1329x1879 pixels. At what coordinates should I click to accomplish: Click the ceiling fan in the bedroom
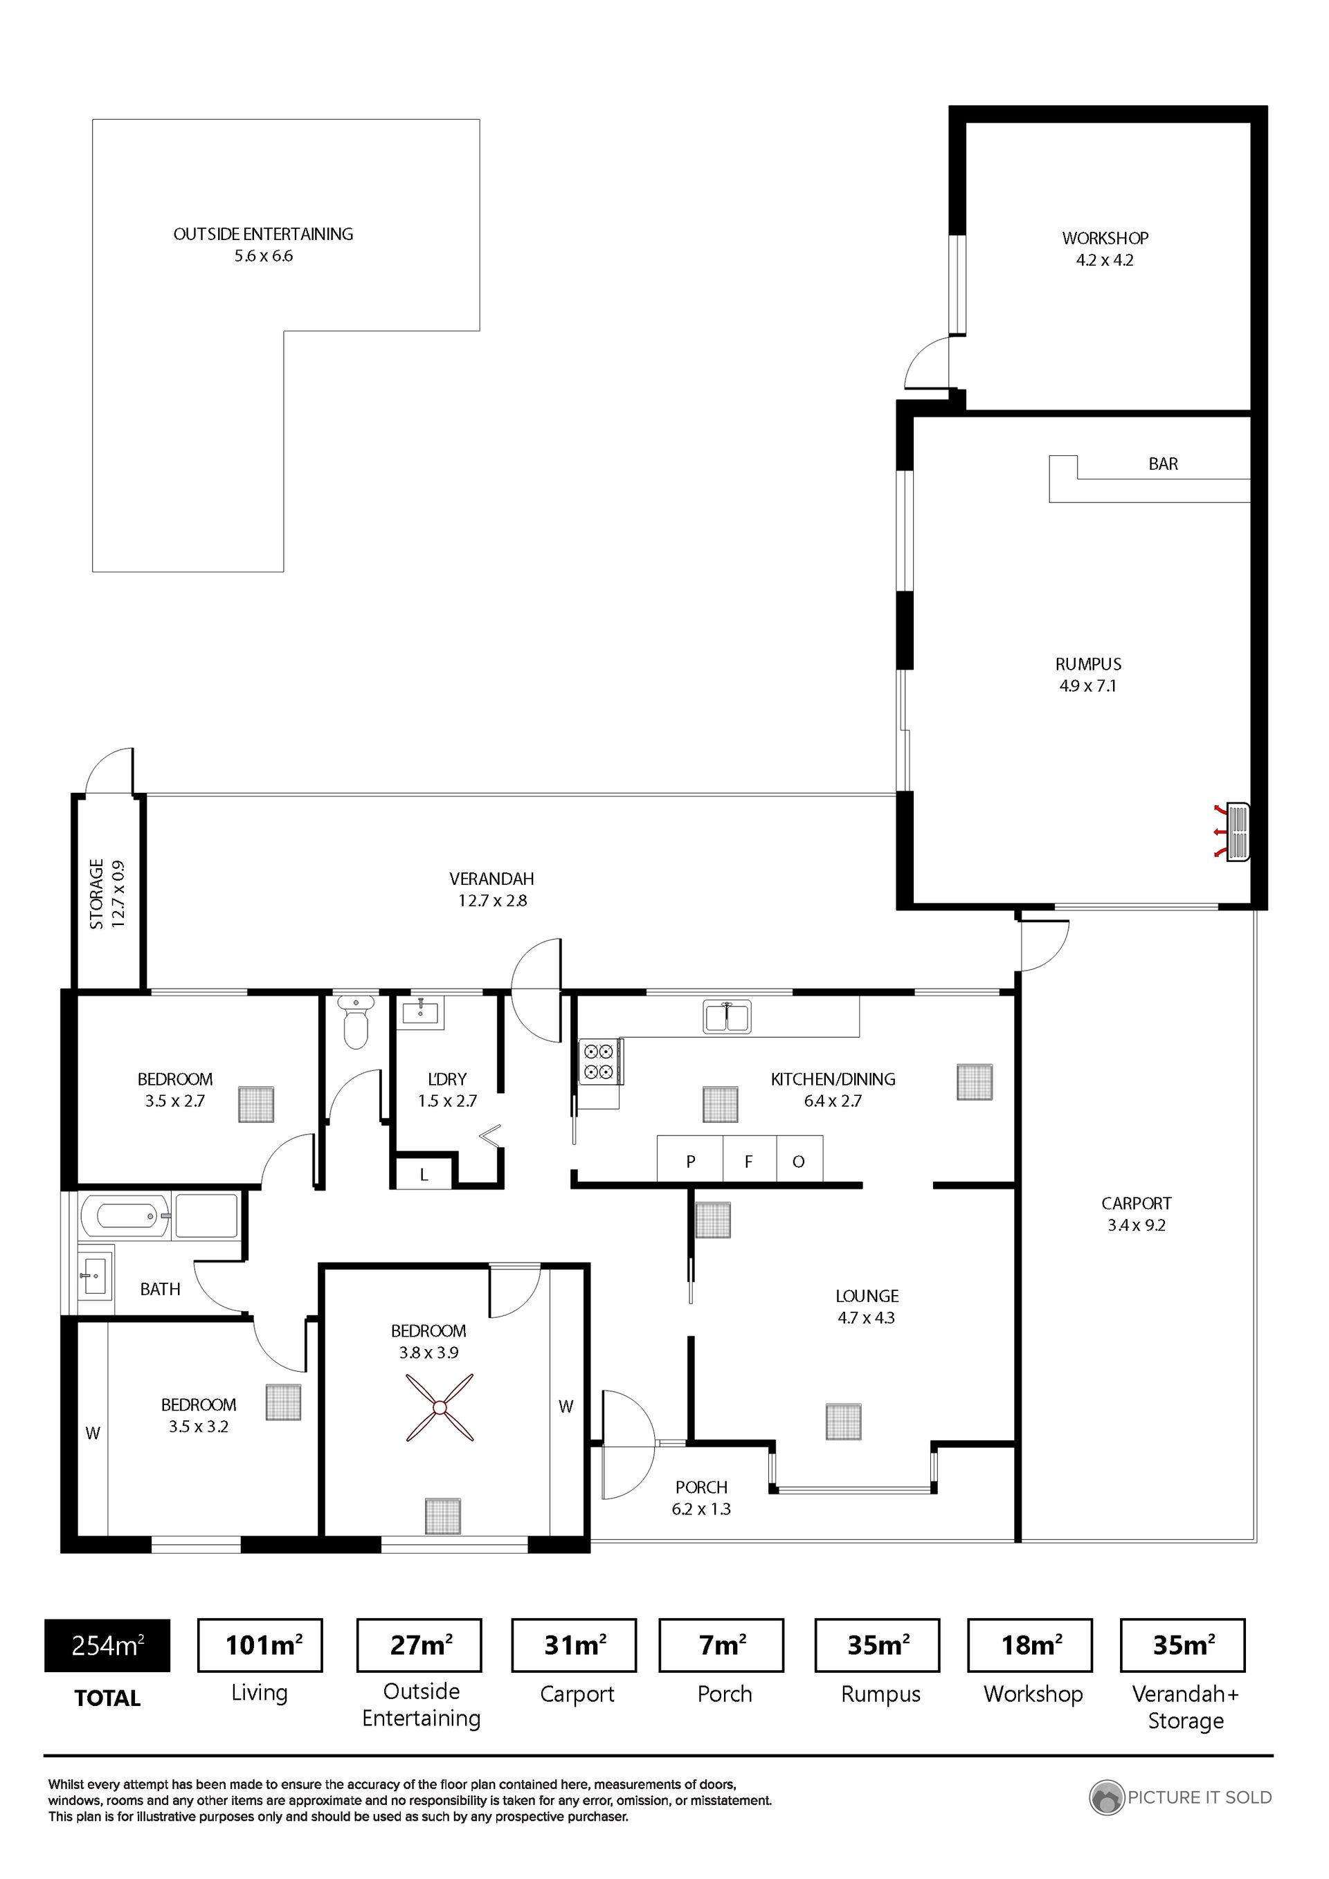[x=440, y=1408]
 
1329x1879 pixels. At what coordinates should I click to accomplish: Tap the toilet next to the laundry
[x=355, y=1020]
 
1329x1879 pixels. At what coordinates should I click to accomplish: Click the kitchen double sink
[x=726, y=1016]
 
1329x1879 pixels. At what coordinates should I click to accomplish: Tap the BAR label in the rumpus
[x=1163, y=464]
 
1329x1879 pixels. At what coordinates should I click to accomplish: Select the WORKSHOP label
[x=1105, y=238]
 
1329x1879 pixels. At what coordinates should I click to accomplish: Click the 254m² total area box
[x=107, y=1645]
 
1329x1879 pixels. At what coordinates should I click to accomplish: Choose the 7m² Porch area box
[x=721, y=1645]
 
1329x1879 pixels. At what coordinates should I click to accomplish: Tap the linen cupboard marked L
[x=424, y=1172]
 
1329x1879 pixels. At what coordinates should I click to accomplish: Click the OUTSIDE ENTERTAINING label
[x=263, y=234]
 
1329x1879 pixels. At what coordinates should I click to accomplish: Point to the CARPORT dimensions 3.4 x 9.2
[x=1137, y=1225]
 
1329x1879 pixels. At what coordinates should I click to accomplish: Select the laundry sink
[x=422, y=1012]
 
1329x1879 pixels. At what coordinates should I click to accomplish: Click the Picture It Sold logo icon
[x=1106, y=1797]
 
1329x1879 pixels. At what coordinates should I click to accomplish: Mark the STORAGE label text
[x=97, y=894]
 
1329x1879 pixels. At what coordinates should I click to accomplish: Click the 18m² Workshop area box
[x=1030, y=1645]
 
